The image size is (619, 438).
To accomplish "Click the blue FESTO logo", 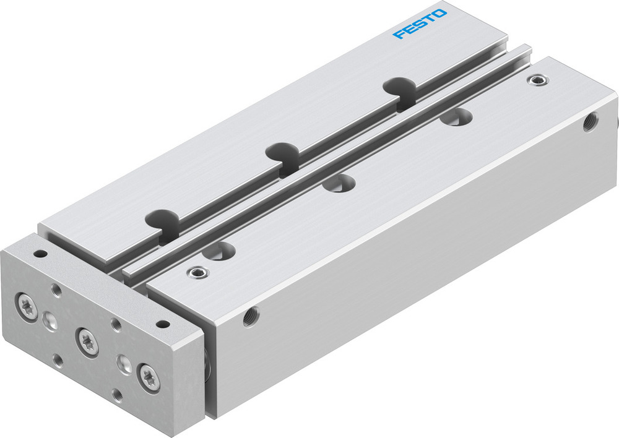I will click(x=419, y=23).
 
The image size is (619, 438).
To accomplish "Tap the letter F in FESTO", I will click(x=398, y=33).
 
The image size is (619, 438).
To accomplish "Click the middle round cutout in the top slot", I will click(x=282, y=152).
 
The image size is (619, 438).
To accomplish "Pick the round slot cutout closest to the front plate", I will click(x=163, y=219).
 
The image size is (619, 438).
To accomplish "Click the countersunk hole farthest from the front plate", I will click(x=457, y=117).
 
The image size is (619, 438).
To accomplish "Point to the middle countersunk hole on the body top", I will click(x=340, y=183).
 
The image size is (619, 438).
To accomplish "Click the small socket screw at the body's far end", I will click(x=535, y=80).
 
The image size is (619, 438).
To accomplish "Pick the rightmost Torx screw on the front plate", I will click(x=149, y=377).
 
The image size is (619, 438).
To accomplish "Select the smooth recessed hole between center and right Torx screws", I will click(x=123, y=363).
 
